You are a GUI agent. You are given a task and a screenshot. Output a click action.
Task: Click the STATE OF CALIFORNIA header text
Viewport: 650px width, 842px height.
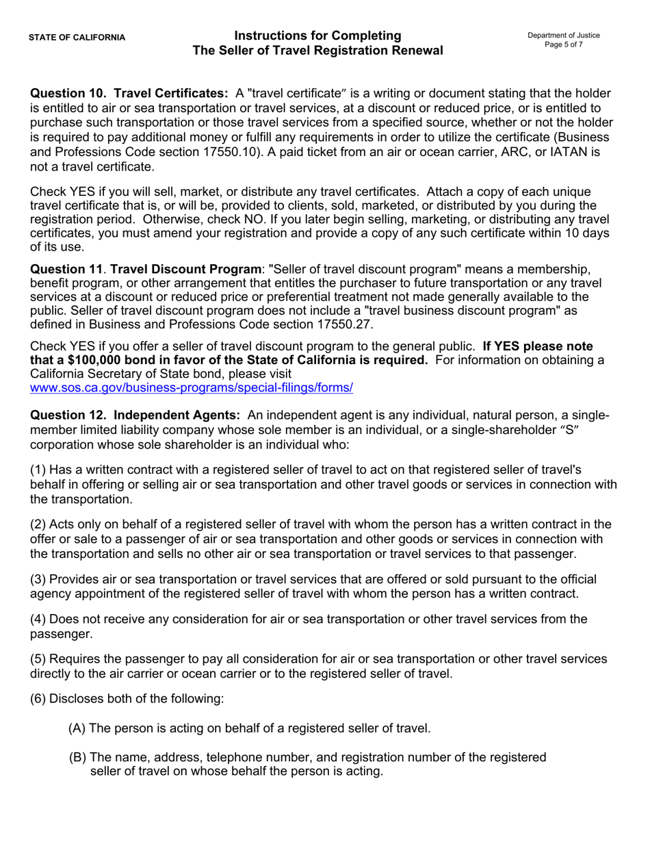coord(77,38)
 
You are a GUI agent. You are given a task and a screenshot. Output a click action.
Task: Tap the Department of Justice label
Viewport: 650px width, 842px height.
coord(563,36)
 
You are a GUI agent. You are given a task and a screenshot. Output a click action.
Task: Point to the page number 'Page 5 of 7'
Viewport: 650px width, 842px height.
coord(563,44)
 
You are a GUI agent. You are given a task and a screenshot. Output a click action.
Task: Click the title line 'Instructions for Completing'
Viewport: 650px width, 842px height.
coord(317,36)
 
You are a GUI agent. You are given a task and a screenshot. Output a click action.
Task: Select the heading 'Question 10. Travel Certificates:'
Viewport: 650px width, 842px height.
coord(129,93)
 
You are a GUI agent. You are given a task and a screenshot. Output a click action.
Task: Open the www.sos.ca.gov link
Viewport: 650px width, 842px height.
coord(192,388)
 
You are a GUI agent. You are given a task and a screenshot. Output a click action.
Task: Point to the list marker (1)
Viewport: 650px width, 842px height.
coord(38,470)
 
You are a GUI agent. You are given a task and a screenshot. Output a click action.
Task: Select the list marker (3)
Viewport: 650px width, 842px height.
coord(38,580)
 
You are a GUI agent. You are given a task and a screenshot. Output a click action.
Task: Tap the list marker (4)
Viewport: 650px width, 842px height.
coord(38,620)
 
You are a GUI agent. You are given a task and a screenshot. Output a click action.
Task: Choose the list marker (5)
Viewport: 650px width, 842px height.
coord(38,659)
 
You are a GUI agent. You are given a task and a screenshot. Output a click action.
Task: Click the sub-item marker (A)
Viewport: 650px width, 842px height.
coord(77,728)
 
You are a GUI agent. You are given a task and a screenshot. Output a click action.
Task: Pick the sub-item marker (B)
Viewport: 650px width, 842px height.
coord(77,757)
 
